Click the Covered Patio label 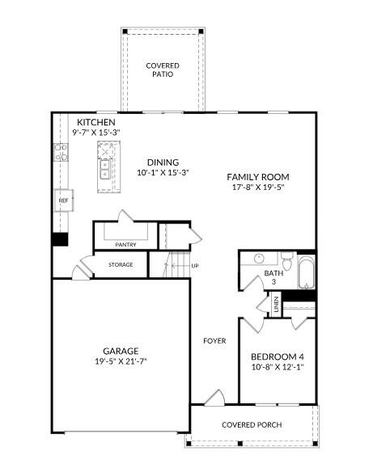(163, 70)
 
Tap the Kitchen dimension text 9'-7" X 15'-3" (96, 133)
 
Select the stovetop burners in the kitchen (61, 152)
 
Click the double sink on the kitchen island (104, 170)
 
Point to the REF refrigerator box (63, 200)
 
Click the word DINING (163, 162)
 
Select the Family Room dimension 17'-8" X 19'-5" (258, 188)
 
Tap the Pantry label (126, 245)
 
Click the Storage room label (121, 265)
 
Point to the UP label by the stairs (195, 266)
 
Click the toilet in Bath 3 (287, 260)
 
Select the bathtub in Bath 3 (307, 272)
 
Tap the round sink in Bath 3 (259, 258)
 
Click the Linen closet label (276, 305)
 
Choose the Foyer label (214, 341)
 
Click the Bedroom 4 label (278, 356)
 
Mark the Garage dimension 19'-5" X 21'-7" (121, 361)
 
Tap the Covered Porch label (252, 424)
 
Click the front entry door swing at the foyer (216, 398)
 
